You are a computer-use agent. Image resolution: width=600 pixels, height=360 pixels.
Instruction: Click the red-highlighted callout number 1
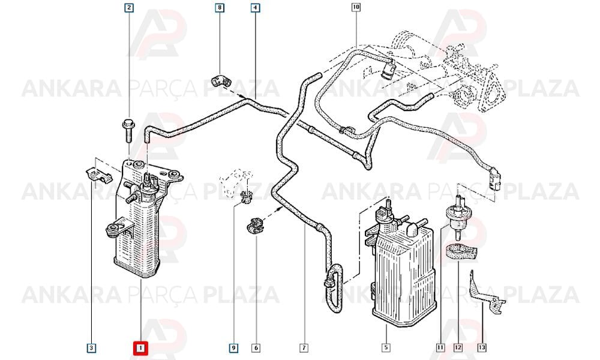[x=140, y=348]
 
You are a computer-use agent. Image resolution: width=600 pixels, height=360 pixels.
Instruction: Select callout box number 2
[x=129, y=7]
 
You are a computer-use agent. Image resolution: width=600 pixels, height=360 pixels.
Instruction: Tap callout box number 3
[x=91, y=348]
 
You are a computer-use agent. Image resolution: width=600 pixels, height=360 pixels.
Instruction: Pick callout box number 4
[x=255, y=7]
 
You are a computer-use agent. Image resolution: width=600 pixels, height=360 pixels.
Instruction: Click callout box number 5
[x=386, y=347]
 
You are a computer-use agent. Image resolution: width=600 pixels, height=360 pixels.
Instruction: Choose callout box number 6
[x=256, y=348]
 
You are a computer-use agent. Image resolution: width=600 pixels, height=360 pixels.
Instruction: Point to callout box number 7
[x=304, y=348]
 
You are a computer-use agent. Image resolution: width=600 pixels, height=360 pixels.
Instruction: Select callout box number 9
[x=233, y=348]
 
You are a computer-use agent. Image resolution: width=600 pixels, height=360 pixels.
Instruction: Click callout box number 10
[x=356, y=7]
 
